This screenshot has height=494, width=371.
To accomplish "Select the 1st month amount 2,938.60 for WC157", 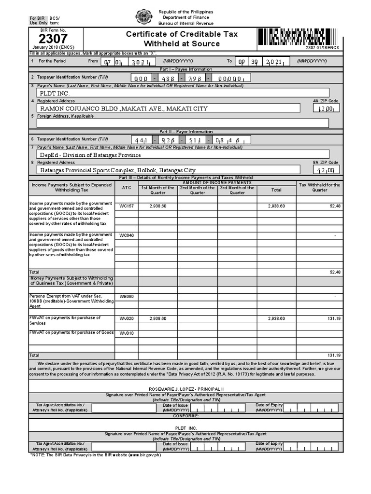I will [157, 206].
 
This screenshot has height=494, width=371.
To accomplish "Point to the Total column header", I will [276, 190].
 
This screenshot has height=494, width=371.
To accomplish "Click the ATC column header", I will [126, 187].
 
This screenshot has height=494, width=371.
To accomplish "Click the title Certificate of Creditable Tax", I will [182, 34].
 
